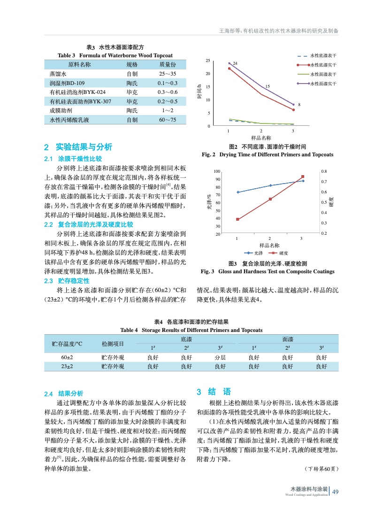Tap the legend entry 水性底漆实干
coord(323,65)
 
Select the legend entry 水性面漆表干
coord(323,74)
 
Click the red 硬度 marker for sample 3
coord(303,177)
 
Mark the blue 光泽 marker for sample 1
coord(238,192)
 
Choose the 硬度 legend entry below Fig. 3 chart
coord(279,253)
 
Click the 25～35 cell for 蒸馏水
coord(167,75)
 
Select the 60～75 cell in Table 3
coord(167,120)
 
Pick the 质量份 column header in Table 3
coord(167,65)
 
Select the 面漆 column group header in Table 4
coord(288,339)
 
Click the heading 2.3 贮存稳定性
coord(67,281)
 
